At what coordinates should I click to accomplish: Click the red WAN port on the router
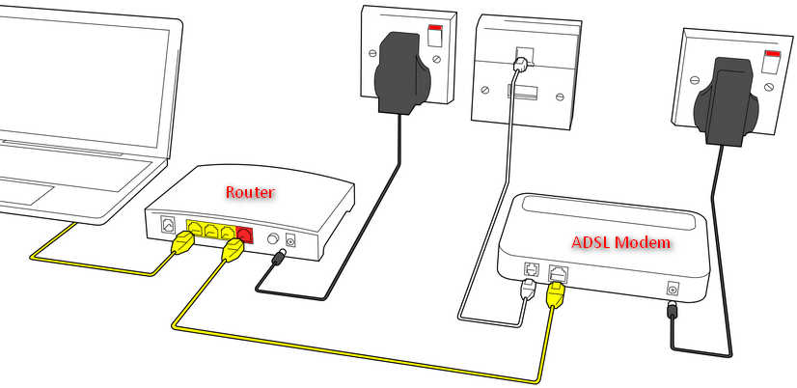pyautogui.click(x=243, y=233)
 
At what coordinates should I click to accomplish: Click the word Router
pyautogui.click(x=250, y=192)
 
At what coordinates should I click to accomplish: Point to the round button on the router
pyautogui.click(x=270, y=236)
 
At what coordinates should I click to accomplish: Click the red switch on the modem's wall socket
pyautogui.click(x=772, y=63)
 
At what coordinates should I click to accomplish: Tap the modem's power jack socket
pyautogui.click(x=673, y=288)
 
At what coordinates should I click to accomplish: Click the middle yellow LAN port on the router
pyautogui.click(x=210, y=231)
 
